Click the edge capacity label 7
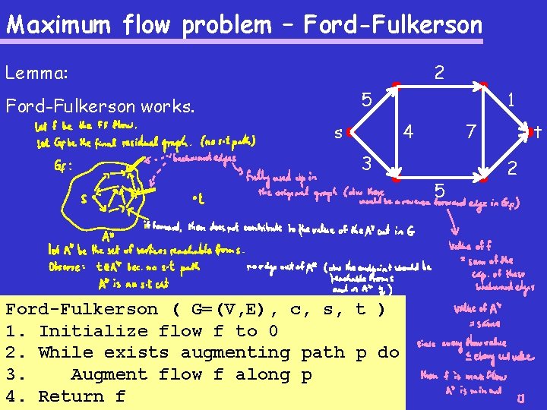coord(471,132)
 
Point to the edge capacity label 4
coord(409,131)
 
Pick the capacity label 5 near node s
coord(366,99)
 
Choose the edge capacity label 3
coord(366,163)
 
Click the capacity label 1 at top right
coord(512,99)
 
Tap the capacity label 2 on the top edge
coord(439,73)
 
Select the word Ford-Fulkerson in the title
coord(393,25)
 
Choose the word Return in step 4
coord(71,396)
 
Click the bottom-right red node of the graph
coord(483,181)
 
